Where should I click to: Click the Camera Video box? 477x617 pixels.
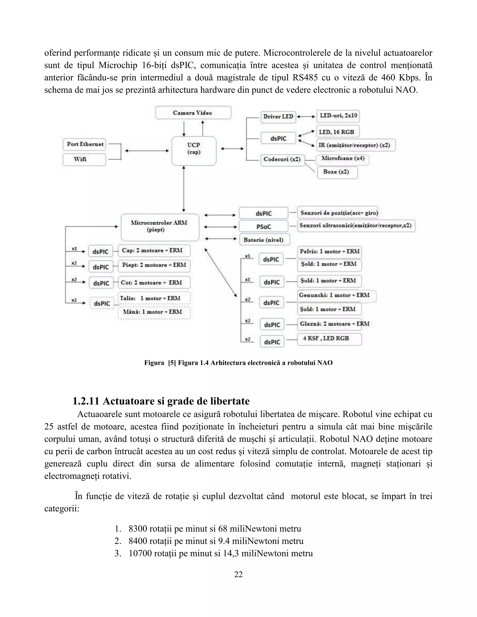(193, 113)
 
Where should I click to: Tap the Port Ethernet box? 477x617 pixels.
(85, 144)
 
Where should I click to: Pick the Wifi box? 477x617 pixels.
(84, 159)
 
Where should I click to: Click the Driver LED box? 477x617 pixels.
(278, 117)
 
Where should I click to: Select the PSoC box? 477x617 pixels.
(263, 227)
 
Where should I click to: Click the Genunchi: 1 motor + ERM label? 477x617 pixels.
(334, 295)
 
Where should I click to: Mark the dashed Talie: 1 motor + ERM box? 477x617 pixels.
(154, 298)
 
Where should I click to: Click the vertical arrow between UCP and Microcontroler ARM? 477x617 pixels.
(184, 189)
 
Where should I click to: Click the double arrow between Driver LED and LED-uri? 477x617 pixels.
(306, 116)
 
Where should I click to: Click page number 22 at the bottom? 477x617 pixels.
(238, 574)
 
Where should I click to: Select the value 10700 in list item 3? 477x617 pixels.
(139, 553)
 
